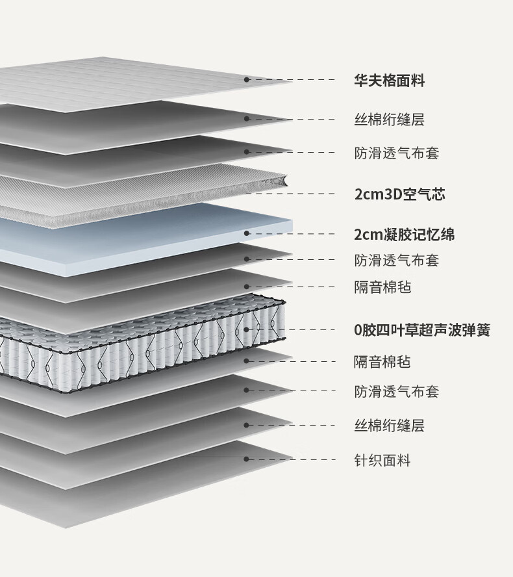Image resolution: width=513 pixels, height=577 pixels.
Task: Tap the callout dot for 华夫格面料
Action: (247, 79)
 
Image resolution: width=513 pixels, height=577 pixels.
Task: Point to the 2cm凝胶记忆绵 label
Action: (404, 235)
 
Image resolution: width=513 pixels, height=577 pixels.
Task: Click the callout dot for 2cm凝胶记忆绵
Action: (247, 233)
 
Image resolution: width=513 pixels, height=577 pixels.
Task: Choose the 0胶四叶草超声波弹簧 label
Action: (421, 330)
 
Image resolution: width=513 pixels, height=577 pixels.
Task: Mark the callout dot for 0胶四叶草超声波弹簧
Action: (247, 329)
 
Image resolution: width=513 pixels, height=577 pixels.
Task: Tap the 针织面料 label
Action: (382, 461)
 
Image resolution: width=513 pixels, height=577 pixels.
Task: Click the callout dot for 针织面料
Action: (247, 459)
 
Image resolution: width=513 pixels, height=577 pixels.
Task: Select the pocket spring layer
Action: (130, 344)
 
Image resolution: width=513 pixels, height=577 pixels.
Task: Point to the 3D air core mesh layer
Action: (130, 188)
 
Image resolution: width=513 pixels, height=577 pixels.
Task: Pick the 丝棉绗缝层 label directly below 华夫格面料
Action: (389, 120)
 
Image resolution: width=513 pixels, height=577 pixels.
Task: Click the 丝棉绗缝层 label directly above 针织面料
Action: (389, 426)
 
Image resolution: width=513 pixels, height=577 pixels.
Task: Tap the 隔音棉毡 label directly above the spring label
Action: (382, 287)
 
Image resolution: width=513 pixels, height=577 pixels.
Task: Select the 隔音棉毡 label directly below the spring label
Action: (382, 362)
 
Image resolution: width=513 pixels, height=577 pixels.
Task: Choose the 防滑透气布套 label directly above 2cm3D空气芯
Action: (396, 154)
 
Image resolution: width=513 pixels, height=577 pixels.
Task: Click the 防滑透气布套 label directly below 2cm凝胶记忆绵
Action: (396, 261)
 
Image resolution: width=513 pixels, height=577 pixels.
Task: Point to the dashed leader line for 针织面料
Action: (292, 459)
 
